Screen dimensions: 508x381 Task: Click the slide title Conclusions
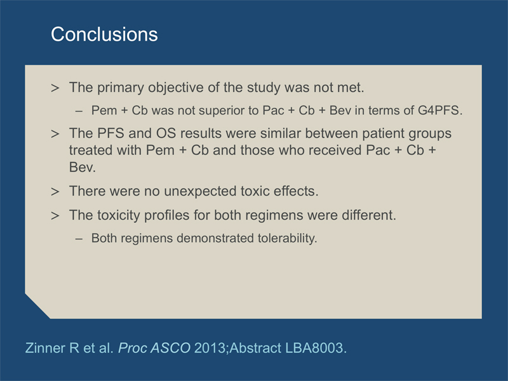tap(104, 34)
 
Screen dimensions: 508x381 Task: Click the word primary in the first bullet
tap(121, 88)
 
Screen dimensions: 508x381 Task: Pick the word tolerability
tap(288, 239)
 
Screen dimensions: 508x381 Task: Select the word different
tap(369, 215)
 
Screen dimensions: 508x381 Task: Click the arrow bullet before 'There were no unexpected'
tap(55, 192)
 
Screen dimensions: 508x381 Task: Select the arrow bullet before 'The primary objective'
tap(55, 88)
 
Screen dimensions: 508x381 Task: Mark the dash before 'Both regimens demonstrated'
tap(79, 239)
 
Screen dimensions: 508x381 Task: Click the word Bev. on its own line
tap(83, 168)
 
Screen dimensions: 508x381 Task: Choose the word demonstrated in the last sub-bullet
tap(215, 239)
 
